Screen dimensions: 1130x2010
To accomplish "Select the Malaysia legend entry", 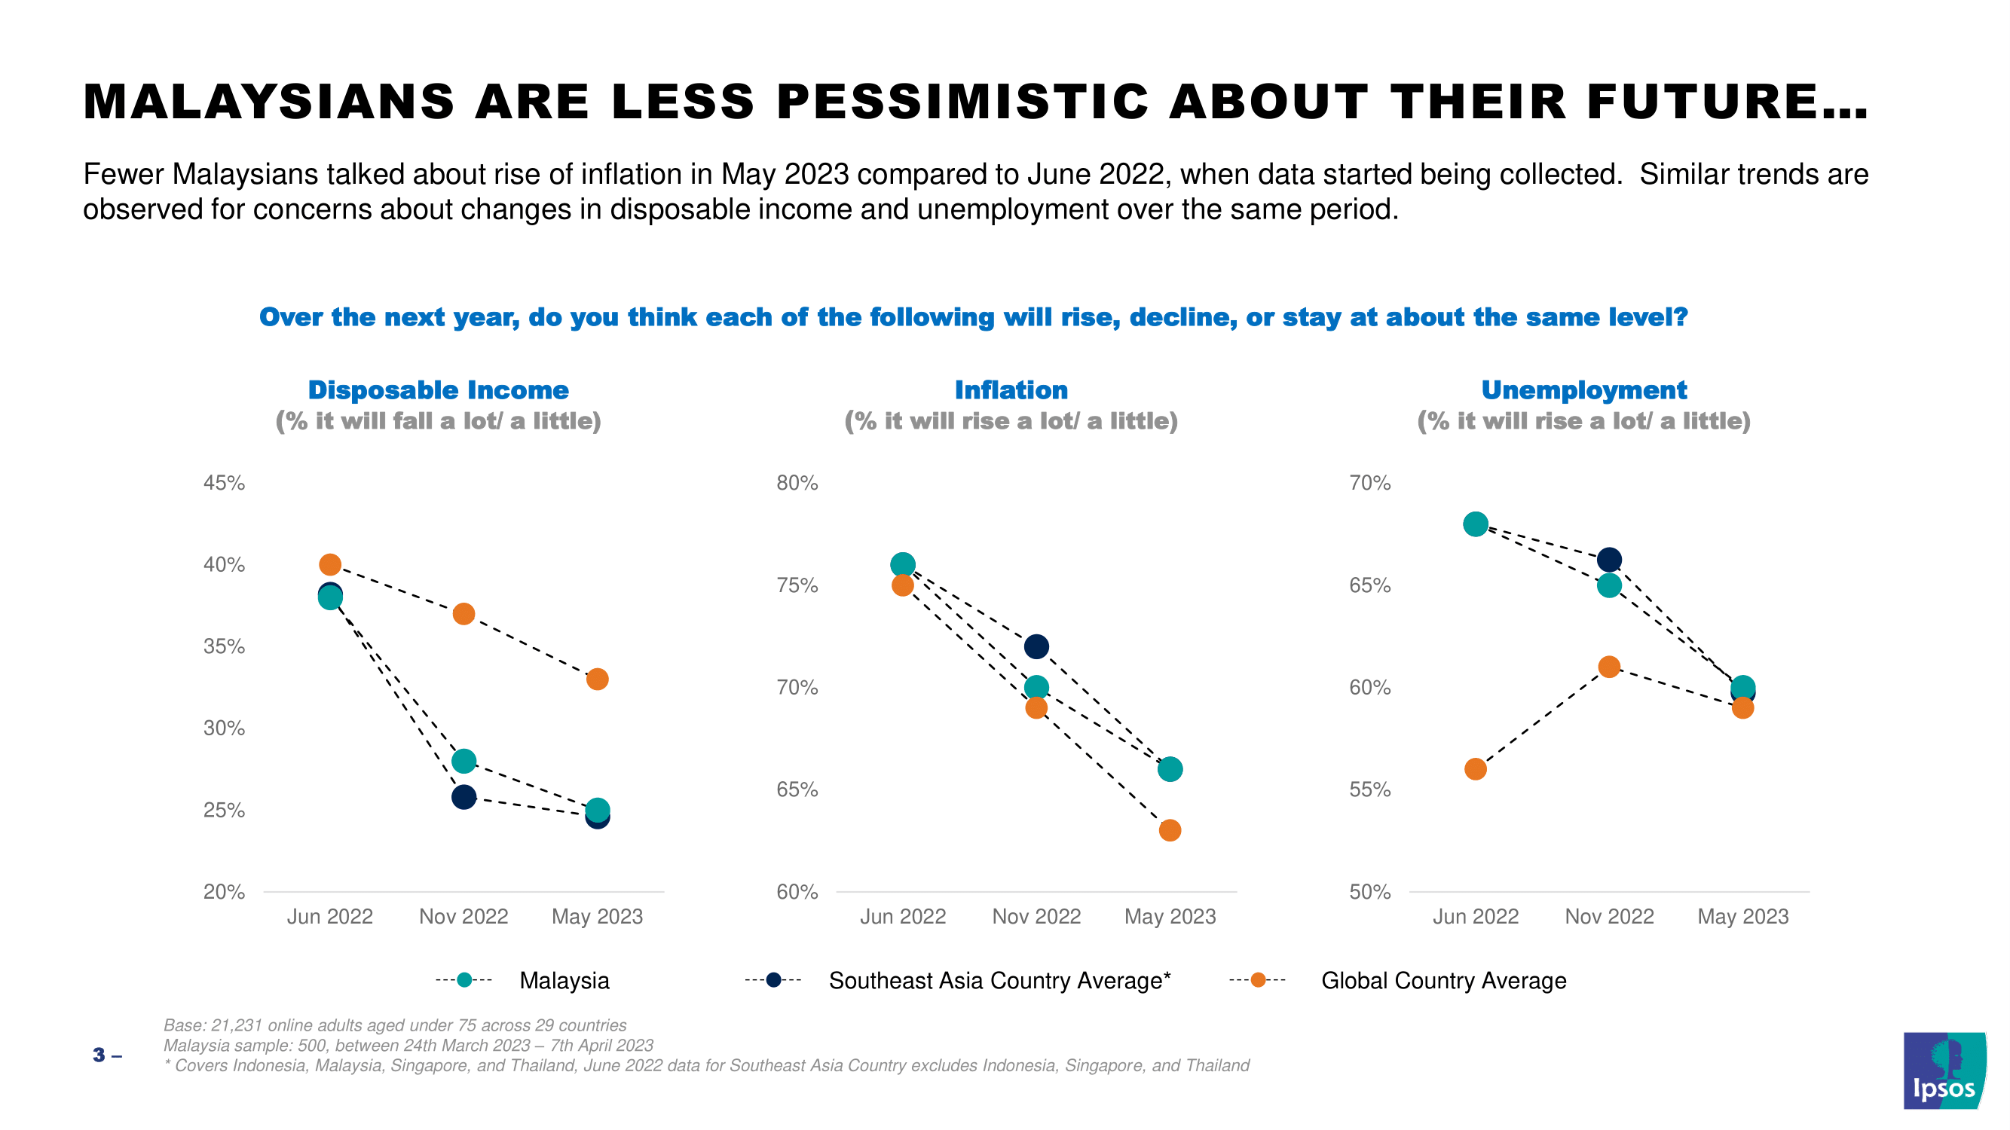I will tap(564, 980).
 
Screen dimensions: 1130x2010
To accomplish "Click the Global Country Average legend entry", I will tap(1442, 980).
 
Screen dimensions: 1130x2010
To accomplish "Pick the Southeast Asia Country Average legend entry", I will tap(999, 980).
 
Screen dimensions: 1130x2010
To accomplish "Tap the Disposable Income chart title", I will tap(438, 390).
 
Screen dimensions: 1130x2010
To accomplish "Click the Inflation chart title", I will tap(1011, 390).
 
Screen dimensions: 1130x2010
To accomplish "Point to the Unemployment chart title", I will tap(1583, 390).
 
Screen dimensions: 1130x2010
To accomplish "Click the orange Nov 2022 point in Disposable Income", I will tap(463, 614).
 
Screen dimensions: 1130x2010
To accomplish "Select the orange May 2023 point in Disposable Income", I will tap(597, 680).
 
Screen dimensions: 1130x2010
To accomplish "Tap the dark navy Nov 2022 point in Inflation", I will tap(1036, 646).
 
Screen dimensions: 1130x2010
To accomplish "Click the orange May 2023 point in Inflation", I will tap(1170, 830).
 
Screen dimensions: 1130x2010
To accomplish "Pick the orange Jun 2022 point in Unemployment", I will tap(1476, 769).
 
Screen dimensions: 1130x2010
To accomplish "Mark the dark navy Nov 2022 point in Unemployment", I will tap(1609, 560).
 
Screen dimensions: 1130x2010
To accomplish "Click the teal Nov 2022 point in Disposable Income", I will tap(463, 761).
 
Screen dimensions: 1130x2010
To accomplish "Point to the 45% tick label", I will tap(224, 483).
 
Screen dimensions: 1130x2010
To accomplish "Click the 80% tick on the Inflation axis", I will tap(797, 483).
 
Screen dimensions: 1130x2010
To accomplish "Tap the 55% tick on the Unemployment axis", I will tap(1369, 789).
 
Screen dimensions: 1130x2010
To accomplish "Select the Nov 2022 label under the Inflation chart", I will tap(1036, 916).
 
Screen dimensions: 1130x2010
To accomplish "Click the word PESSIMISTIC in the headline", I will tap(963, 102).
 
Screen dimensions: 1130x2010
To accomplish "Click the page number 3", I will tap(98, 1055).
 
